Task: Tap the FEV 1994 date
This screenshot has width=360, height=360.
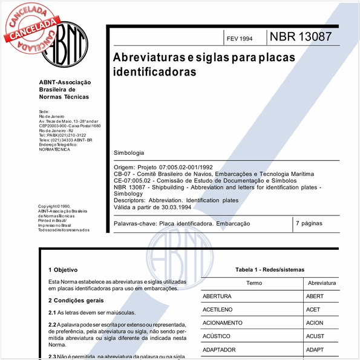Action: pyautogui.click(x=240, y=39)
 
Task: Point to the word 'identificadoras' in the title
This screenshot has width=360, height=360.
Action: pyautogui.click(x=155, y=71)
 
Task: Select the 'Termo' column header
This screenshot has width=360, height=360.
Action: pyautogui.click(x=254, y=283)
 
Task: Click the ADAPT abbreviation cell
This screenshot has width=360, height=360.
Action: pyautogui.click(x=316, y=350)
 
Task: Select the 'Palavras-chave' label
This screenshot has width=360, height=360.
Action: pyautogui.click(x=135, y=224)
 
